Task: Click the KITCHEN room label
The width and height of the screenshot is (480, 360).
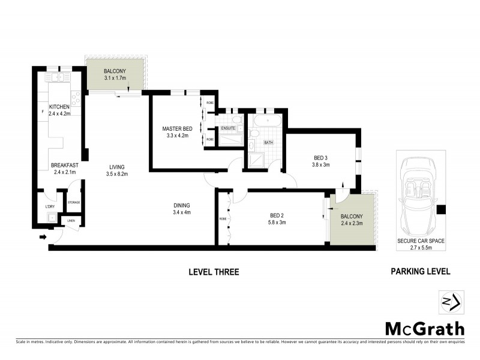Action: tap(59, 107)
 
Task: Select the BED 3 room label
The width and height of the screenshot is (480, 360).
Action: tap(321, 157)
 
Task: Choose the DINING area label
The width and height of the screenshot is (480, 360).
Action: tap(181, 205)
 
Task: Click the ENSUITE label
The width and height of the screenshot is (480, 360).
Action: tap(228, 128)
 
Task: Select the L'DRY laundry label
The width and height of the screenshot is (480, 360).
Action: tap(50, 206)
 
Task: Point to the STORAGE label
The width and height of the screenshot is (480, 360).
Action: tap(74, 203)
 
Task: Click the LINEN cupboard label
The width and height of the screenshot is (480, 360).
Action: tap(71, 221)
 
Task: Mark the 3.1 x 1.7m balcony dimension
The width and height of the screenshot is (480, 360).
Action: tap(115, 78)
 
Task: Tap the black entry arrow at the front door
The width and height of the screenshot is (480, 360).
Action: tap(43, 237)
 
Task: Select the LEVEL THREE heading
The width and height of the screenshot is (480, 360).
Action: tap(214, 272)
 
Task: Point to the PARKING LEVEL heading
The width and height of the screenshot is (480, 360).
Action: tap(420, 272)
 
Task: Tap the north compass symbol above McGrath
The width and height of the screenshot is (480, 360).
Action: tap(451, 302)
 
